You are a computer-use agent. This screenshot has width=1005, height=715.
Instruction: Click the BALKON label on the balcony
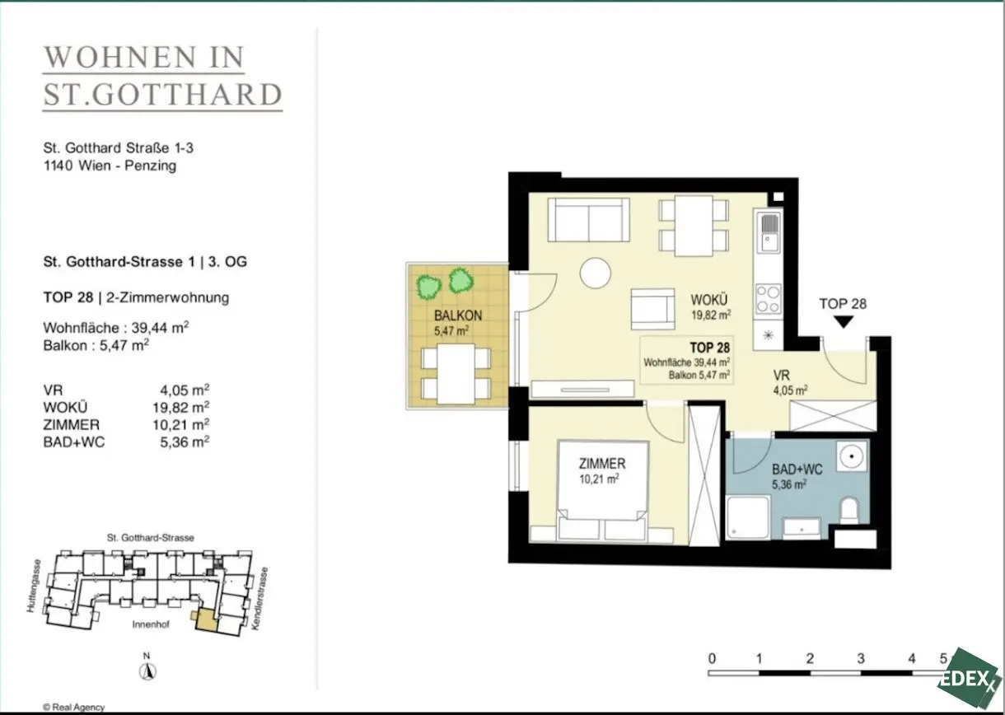point(458,315)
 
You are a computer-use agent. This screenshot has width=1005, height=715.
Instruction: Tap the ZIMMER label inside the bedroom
point(601,464)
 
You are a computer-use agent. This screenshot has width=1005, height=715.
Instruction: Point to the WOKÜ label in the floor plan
point(709,300)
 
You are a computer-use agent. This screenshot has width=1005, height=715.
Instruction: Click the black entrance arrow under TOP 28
point(844,321)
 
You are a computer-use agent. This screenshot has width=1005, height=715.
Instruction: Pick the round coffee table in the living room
point(596,273)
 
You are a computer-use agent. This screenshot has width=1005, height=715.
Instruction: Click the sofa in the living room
point(589,220)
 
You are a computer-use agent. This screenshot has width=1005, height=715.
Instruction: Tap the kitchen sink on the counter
point(769,233)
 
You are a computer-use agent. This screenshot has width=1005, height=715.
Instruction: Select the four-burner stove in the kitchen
point(768,299)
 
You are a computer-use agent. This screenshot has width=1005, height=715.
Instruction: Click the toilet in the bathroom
point(848,510)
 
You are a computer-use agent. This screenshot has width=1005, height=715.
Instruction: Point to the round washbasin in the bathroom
point(851,456)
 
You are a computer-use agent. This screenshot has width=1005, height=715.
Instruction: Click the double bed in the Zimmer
point(602,491)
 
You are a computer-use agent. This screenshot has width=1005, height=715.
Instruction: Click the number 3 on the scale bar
point(861,658)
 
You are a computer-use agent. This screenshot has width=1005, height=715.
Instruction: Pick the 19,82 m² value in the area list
point(180,407)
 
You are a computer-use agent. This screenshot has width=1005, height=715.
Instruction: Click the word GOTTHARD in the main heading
point(188,95)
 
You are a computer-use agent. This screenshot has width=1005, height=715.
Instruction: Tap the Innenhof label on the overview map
point(151,624)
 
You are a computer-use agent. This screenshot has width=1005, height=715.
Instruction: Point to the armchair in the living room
point(652,310)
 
